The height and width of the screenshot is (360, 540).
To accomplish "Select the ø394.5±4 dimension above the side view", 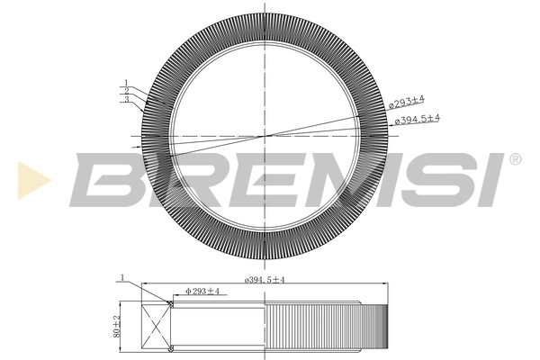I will [x=265, y=281].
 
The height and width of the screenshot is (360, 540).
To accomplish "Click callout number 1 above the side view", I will [x=121, y=276].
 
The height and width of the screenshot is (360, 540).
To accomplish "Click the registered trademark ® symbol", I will [x=514, y=159].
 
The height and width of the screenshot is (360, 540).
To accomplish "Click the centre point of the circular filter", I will [x=266, y=136].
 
